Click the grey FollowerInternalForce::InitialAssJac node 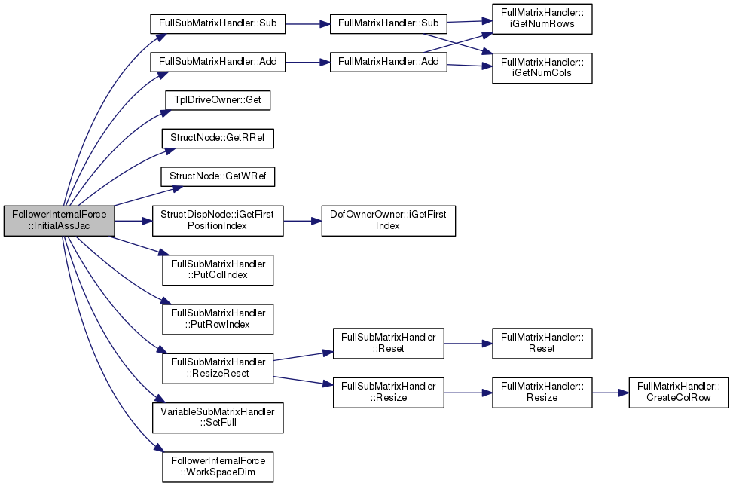[x=59, y=220]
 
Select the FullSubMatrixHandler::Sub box [x=218, y=23]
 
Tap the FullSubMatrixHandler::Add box [x=218, y=62]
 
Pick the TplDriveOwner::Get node [x=218, y=100]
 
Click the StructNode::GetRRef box [x=218, y=139]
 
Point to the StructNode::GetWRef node [x=218, y=176]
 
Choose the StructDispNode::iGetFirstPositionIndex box [x=218, y=220]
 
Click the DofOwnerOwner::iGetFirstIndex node [x=388, y=220]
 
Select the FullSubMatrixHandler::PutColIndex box [x=218, y=270]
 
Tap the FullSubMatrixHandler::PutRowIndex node [x=218, y=319]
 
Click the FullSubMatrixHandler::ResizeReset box [x=218, y=368]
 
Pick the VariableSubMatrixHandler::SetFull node [x=218, y=417]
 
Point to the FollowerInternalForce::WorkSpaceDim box [x=218, y=467]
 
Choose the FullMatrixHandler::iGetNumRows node [x=542, y=19]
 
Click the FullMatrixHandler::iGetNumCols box [x=542, y=69]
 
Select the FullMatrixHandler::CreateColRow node [x=678, y=393]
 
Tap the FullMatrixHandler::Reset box [x=542, y=344]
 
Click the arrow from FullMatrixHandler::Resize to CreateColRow [x=610, y=393]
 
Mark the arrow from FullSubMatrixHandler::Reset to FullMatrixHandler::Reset [x=468, y=344]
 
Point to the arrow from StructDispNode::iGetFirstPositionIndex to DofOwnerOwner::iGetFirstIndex [x=302, y=221]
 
